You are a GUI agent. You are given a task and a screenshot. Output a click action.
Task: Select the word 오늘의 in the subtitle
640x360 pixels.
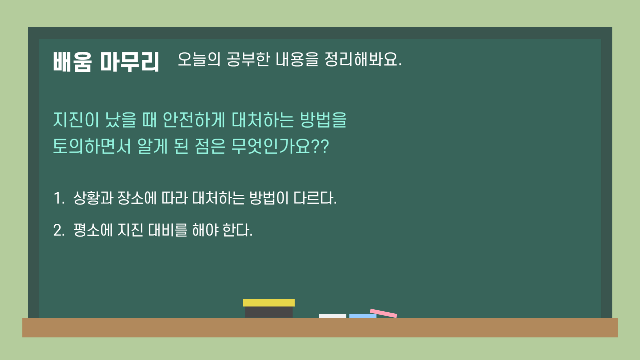(199, 59)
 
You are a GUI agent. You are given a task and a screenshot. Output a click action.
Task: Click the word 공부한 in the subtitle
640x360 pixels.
(248, 59)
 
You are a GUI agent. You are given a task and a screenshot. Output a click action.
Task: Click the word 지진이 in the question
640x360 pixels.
(76, 120)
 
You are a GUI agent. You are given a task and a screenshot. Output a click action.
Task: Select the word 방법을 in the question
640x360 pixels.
(323, 120)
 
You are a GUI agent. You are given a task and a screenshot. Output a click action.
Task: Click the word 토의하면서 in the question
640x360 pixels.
(92, 146)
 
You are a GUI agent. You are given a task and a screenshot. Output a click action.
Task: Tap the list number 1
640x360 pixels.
(58, 198)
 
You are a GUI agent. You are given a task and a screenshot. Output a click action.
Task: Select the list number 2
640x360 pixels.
(59, 230)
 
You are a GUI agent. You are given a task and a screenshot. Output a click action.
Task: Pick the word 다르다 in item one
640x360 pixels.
(313, 198)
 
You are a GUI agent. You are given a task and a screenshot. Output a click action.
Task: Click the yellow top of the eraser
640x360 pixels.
(269, 303)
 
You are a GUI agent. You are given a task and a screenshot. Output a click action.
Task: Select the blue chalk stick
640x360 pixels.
(363, 316)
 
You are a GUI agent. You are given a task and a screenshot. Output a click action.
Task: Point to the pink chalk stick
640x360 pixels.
(384, 313)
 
